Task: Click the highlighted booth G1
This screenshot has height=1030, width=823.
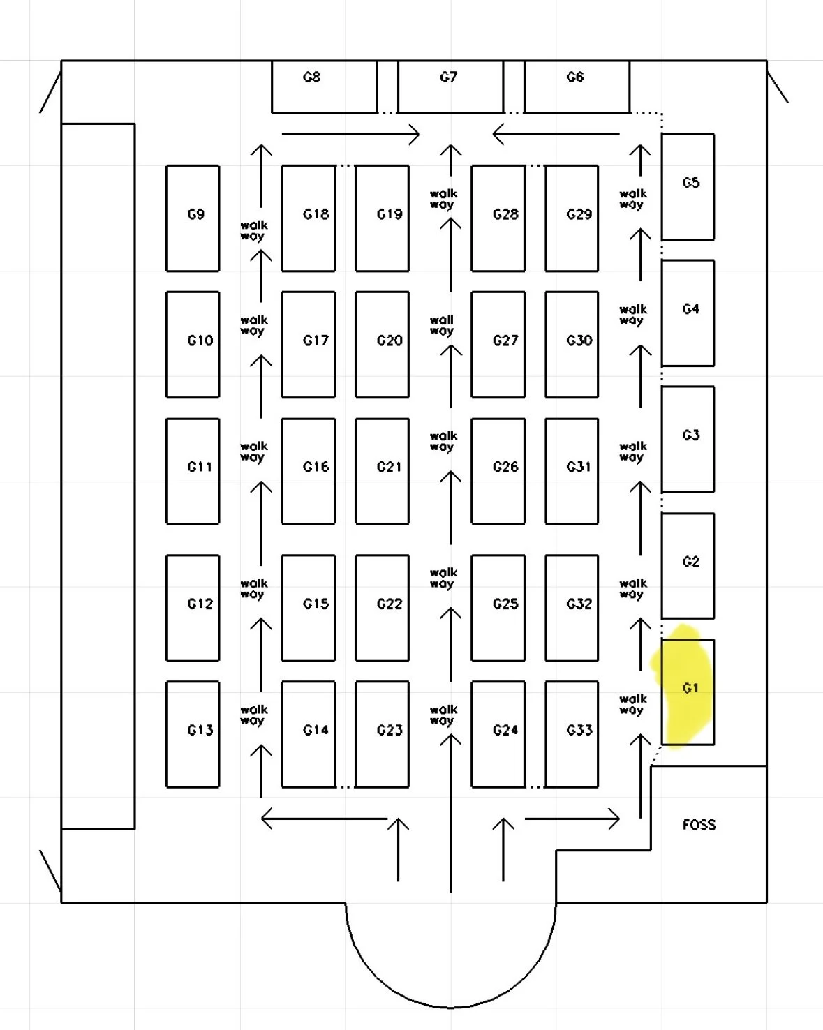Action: coord(688,691)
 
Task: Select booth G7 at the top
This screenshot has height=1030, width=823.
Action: coord(450,86)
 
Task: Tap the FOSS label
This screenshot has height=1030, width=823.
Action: coord(699,825)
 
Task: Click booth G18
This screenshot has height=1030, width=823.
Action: coord(309,218)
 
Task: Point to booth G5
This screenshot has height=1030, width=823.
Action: coord(688,186)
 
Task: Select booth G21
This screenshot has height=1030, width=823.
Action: coord(382,470)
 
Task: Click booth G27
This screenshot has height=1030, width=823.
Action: coord(498,344)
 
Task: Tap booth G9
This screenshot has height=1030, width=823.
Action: coord(193,218)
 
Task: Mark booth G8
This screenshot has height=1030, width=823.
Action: coord(324,86)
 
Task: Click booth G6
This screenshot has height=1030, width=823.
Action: coord(577,86)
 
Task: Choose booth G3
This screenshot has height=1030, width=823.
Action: coord(688,439)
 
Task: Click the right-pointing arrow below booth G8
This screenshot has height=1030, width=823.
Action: coord(350,134)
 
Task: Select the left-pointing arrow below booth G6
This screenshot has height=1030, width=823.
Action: coord(556,134)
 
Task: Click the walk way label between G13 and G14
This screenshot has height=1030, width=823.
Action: coord(253,715)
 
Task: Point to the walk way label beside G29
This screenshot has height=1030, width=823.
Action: coord(632,199)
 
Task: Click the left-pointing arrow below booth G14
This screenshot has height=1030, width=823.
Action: coord(324,819)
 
